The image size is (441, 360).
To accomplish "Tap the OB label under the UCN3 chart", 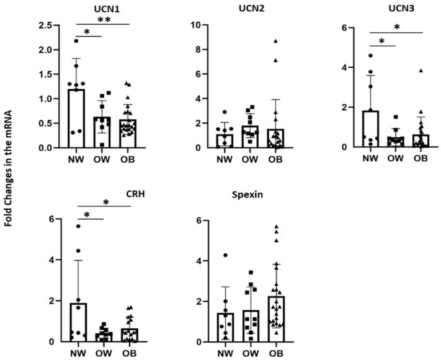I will tap(420, 158).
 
